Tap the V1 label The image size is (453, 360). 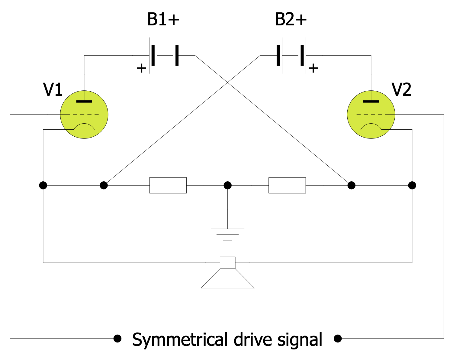tap(53, 90)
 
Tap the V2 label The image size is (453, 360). tap(401, 90)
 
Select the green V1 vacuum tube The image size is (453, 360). tap(84, 115)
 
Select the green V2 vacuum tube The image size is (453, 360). tap(371, 115)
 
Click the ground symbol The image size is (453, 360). tap(227, 234)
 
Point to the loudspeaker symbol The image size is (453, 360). tap(227, 275)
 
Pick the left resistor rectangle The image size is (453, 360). tap(168, 185)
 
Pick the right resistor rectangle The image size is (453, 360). tap(287, 185)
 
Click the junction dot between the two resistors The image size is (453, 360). tap(227, 185)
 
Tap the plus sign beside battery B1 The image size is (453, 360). tap(141, 68)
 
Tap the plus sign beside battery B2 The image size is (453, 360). tap(313, 68)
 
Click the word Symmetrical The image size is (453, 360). tap(179, 340)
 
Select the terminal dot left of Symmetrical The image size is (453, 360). tap(117, 338)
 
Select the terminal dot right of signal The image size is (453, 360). tap(338, 339)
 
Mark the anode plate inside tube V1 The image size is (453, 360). tap(84, 101)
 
